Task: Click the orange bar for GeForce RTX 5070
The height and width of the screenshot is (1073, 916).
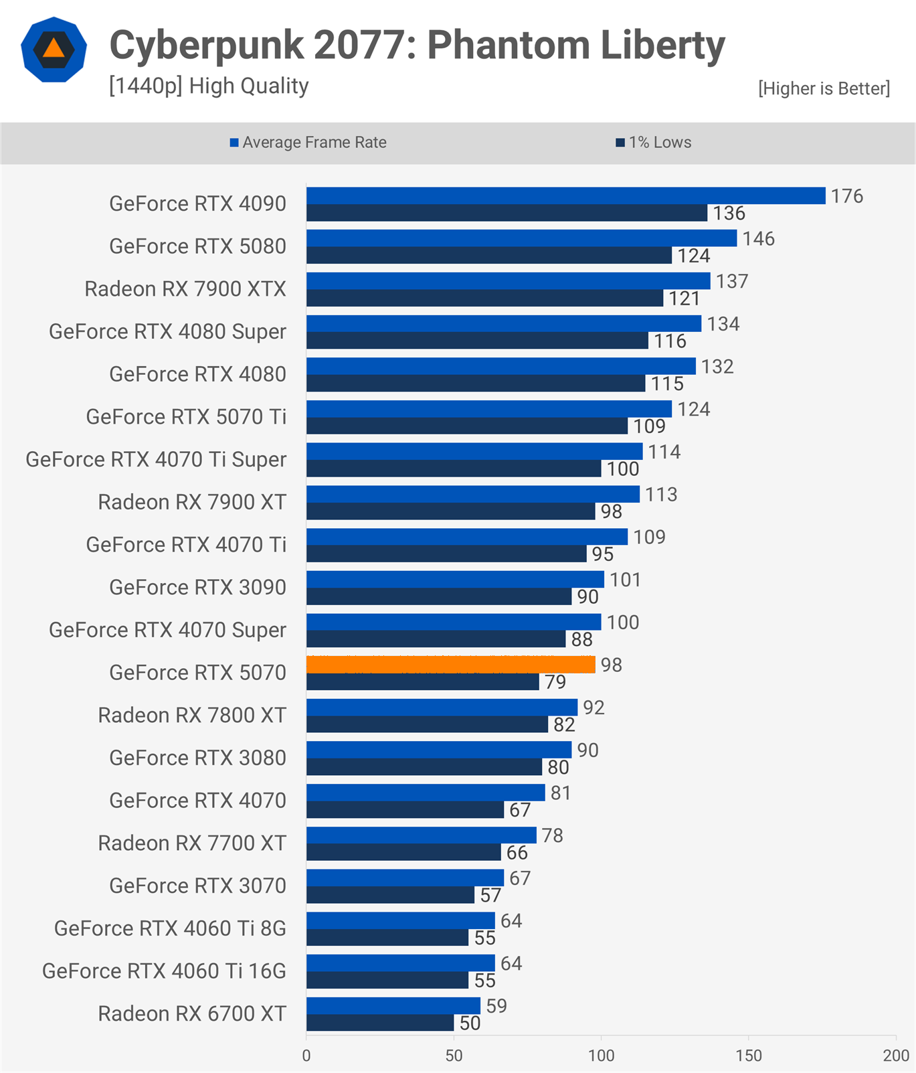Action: pyautogui.click(x=450, y=665)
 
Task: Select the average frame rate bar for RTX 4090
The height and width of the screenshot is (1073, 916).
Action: pyautogui.click(x=565, y=195)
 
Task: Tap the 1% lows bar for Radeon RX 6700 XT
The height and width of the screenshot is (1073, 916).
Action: pyautogui.click(x=380, y=1023)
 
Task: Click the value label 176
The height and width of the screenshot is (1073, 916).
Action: pyautogui.click(x=846, y=196)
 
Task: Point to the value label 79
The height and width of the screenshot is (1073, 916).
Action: pyautogui.click(x=555, y=682)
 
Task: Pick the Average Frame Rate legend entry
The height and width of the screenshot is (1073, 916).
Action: pyautogui.click(x=308, y=143)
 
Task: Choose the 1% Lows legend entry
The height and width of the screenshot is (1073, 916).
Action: pyautogui.click(x=654, y=143)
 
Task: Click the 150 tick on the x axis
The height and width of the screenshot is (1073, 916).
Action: pyautogui.click(x=748, y=1056)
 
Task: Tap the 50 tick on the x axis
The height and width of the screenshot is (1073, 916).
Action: pyautogui.click(x=454, y=1056)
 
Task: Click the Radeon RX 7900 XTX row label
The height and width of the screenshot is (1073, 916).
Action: pyautogui.click(x=185, y=289)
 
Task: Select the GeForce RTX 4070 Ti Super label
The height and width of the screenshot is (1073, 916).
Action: pyautogui.click(x=156, y=460)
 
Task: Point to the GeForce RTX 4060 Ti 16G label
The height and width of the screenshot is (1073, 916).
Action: pyautogui.click(x=164, y=971)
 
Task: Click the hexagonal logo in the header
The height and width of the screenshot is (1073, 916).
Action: pyautogui.click(x=54, y=50)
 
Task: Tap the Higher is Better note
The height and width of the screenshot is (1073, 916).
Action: pyautogui.click(x=824, y=89)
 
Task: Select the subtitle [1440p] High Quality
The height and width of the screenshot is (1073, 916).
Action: pyautogui.click(x=209, y=86)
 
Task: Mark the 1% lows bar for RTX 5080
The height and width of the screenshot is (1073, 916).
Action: pyautogui.click(x=488, y=256)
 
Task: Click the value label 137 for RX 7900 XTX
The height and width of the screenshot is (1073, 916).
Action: pyautogui.click(x=731, y=281)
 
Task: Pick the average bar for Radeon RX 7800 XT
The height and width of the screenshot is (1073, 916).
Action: pyautogui.click(x=442, y=708)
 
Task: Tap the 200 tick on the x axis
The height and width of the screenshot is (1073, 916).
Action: pyautogui.click(x=895, y=1056)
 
